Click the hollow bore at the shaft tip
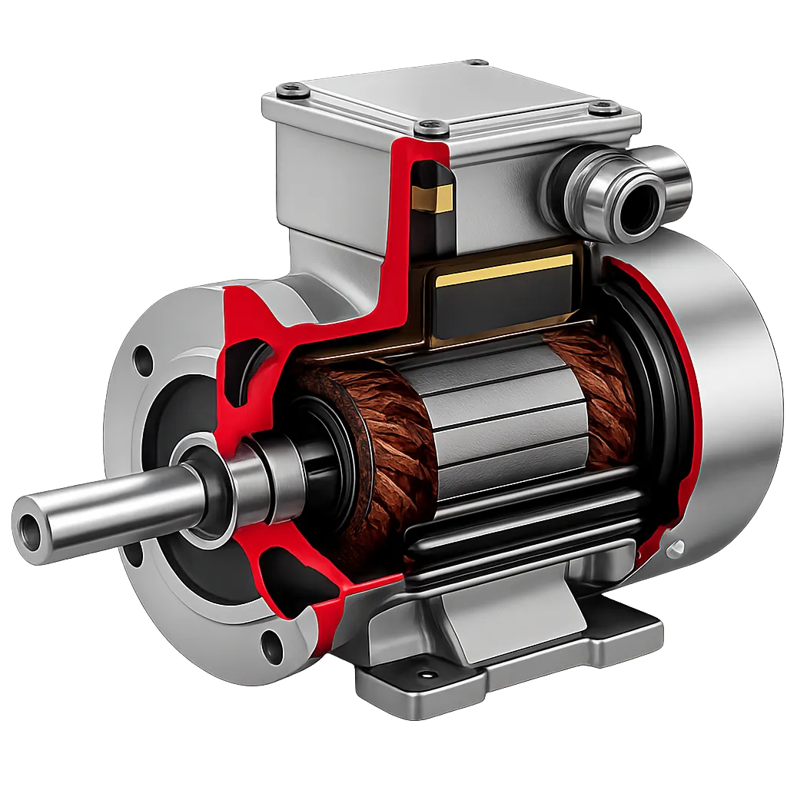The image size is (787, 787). (29, 527)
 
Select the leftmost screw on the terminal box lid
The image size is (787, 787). (292, 91)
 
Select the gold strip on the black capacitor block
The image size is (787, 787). (503, 272)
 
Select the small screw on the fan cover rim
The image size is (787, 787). (676, 547)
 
